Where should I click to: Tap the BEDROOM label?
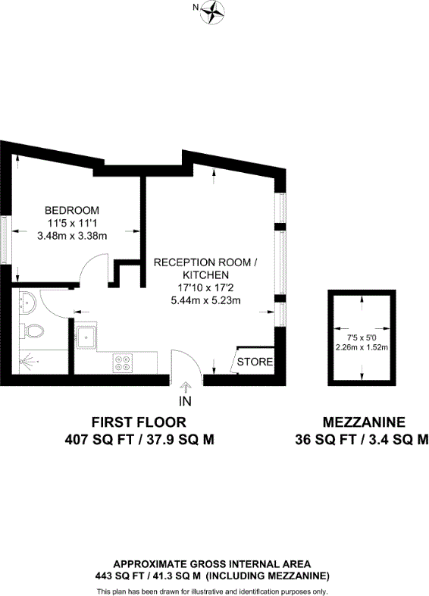(72, 210)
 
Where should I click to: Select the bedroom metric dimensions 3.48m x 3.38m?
(72, 236)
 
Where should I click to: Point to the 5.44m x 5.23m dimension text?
(205, 300)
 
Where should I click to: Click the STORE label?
(255, 362)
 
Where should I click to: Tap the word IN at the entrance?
(185, 400)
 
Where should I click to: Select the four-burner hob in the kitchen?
(124, 362)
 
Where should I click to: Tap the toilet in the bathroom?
(31, 331)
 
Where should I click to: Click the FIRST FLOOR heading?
(138, 422)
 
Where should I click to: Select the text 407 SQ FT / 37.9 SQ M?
(139, 439)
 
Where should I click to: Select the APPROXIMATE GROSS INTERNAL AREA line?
(211, 563)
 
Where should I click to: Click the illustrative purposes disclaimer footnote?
(211, 590)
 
